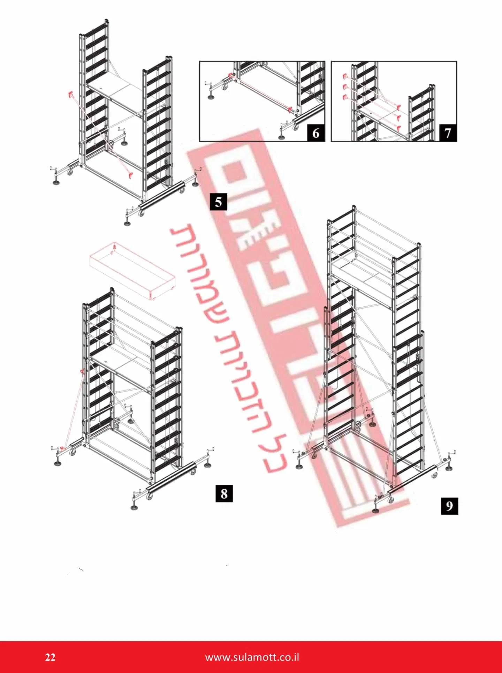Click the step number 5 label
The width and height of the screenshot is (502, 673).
[x=219, y=202]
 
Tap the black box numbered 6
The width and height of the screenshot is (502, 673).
[x=315, y=133]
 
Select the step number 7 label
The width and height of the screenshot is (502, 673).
[x=448, y=133]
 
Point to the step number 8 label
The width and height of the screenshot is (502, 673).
[x=224, y=493]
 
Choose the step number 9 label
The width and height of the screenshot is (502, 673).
[x=449, y=506]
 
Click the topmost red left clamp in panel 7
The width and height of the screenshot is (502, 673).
[x=345, y=76]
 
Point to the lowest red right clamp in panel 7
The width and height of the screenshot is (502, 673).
[x=399, y=127]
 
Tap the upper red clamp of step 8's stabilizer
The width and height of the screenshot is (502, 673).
[x=83, y=372]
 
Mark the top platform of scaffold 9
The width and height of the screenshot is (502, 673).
[x=363, y=275]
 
